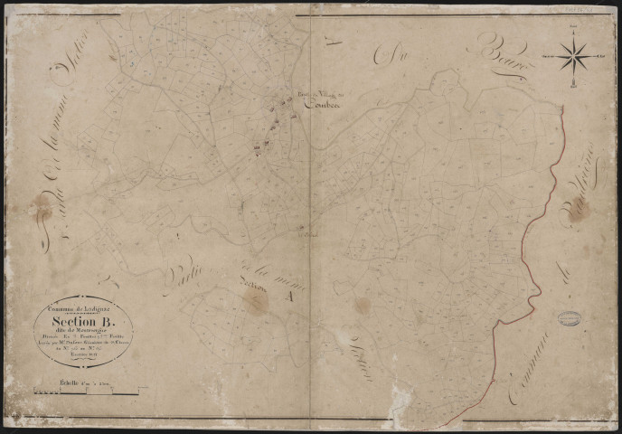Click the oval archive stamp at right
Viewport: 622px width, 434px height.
[x=569, y=318]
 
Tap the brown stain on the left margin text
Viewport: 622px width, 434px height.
[x=41, y=209]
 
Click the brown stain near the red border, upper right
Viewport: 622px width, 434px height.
[x=579, y=210]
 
